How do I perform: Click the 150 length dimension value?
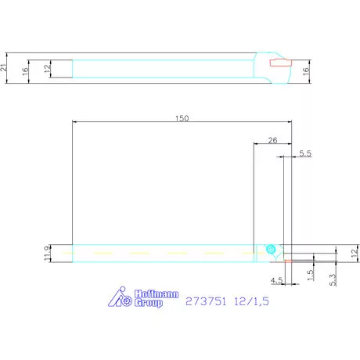coord(182,118)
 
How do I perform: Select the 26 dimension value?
coord(272,141)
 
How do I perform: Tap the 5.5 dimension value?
coord(305,155)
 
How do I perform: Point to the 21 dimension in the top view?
coord(5,69)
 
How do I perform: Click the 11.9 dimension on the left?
coord(48,253)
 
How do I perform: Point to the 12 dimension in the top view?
coord(47,69)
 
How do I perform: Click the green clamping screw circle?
coord(270,249)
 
